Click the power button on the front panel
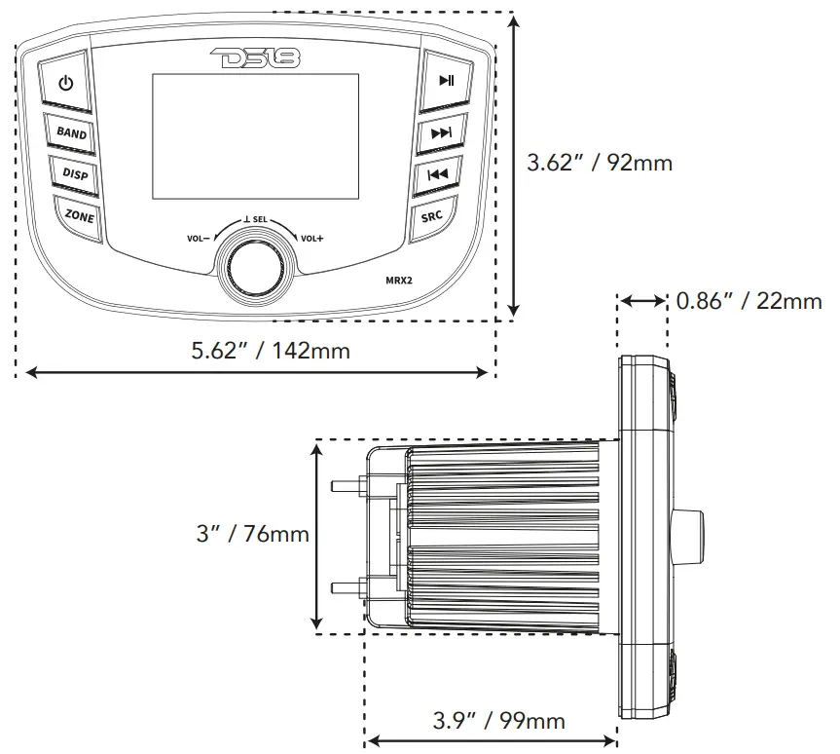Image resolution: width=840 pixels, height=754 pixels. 65,84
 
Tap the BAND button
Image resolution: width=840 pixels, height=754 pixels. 71,132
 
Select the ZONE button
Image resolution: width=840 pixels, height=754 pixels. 79,216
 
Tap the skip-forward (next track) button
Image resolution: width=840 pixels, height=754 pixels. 441,132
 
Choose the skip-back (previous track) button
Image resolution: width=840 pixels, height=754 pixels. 437,175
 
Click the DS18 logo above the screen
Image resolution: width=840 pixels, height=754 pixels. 256,58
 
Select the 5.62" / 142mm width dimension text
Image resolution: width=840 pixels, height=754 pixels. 271,349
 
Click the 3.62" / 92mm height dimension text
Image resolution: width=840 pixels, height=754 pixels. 599,163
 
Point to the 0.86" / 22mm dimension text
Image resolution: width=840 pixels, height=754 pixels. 749,301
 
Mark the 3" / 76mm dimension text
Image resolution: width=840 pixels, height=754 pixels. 252,534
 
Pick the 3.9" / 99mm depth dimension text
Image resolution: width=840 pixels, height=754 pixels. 498,721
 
